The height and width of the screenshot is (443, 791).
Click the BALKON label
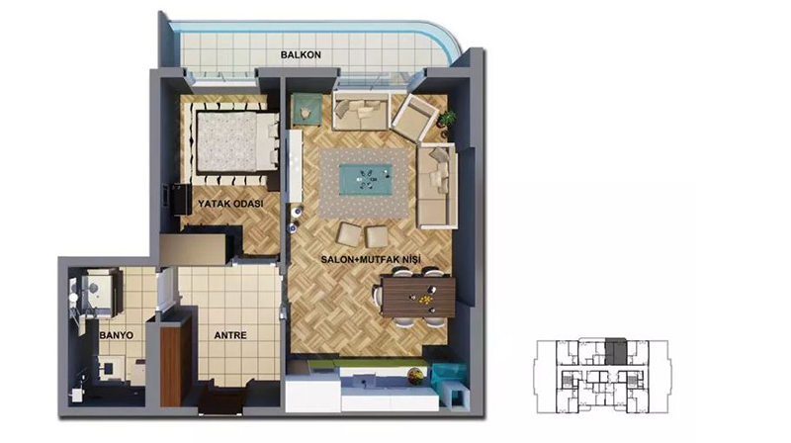tap(301, 54)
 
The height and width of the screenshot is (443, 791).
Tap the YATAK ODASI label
tap(230, 204)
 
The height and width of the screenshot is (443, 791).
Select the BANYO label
tap(117, 335)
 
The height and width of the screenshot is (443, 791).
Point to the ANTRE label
tap(230, 335)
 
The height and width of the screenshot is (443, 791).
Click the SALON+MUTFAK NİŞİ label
tap(371, 260)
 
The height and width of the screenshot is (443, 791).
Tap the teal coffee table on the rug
tap(366, 178)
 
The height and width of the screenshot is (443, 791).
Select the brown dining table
tap(418, 297)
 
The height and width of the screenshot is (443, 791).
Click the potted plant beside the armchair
tap(446, 120)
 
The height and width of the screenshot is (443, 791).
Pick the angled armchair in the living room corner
tap(414, 118)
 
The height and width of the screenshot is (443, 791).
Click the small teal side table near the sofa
tap(307, 109)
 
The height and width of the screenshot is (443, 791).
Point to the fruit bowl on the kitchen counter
tap(415, 375)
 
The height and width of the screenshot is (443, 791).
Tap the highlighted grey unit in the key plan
tap(615, 351)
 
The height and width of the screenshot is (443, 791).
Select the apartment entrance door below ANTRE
tap(221, 398)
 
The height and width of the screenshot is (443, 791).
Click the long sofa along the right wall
tap(437, 187)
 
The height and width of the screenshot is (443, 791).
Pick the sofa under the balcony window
tap(361, 111)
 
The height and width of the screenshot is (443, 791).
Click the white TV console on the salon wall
tap(295, 166)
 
